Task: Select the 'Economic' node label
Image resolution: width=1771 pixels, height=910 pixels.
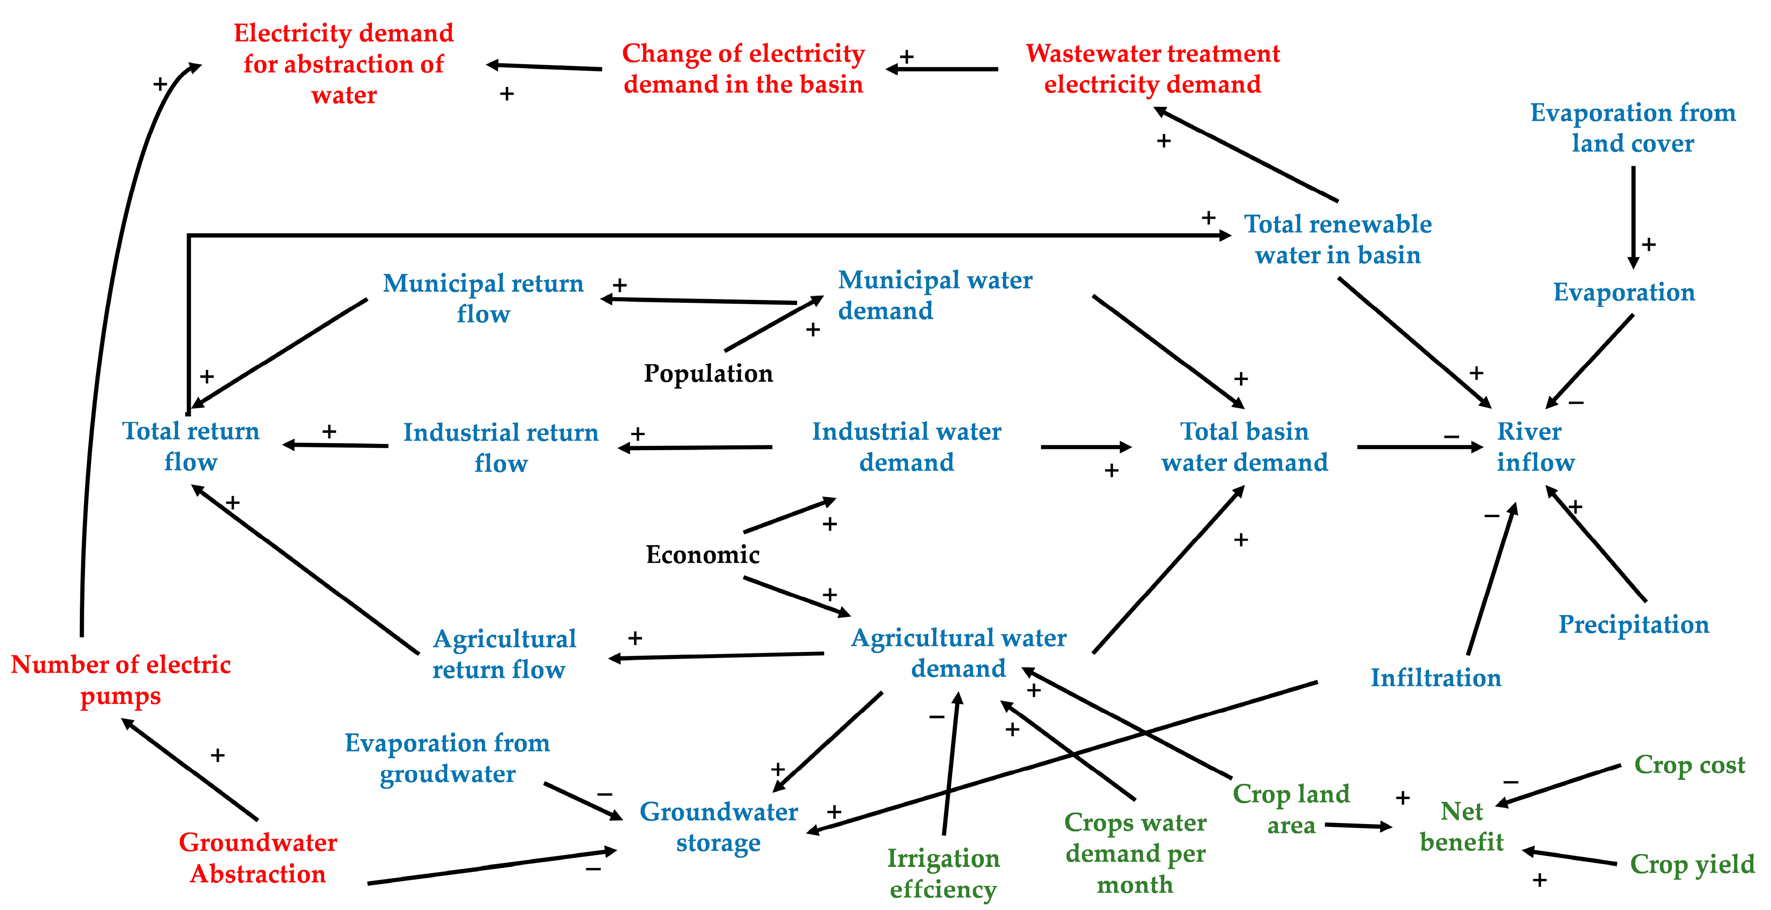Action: (x=702, y=554)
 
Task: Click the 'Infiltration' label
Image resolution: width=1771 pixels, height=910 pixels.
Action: (x=1435, y=678)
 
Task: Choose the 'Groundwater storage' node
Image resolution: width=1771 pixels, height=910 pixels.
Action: (x=718, y=827)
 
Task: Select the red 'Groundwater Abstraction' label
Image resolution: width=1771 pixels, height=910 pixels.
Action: (x=258, y=858)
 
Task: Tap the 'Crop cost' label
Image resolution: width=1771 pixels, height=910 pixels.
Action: (x=1689, y=764)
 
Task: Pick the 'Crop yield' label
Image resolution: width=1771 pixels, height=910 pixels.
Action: (x=1692, y=864)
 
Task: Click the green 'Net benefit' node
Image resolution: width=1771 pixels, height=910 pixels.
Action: (x=1461, y=827)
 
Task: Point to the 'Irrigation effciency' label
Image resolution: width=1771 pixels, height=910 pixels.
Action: (x=943, y=874)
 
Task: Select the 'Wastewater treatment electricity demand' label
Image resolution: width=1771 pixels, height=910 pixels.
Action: (x=1152, y=69)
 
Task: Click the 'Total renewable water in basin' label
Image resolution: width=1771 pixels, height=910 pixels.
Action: (x=1338, y=239)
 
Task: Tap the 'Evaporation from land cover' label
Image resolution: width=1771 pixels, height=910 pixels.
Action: (x=1633, y=128)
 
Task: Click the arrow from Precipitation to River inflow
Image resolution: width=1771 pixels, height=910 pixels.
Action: (x=1597, y=543)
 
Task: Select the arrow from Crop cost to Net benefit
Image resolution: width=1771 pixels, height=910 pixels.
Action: (x=1559, y=785)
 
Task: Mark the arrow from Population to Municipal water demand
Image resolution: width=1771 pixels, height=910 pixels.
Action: (x=773, y=324)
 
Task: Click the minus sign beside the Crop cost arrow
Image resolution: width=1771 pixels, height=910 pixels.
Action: (x=1511, y=782)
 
